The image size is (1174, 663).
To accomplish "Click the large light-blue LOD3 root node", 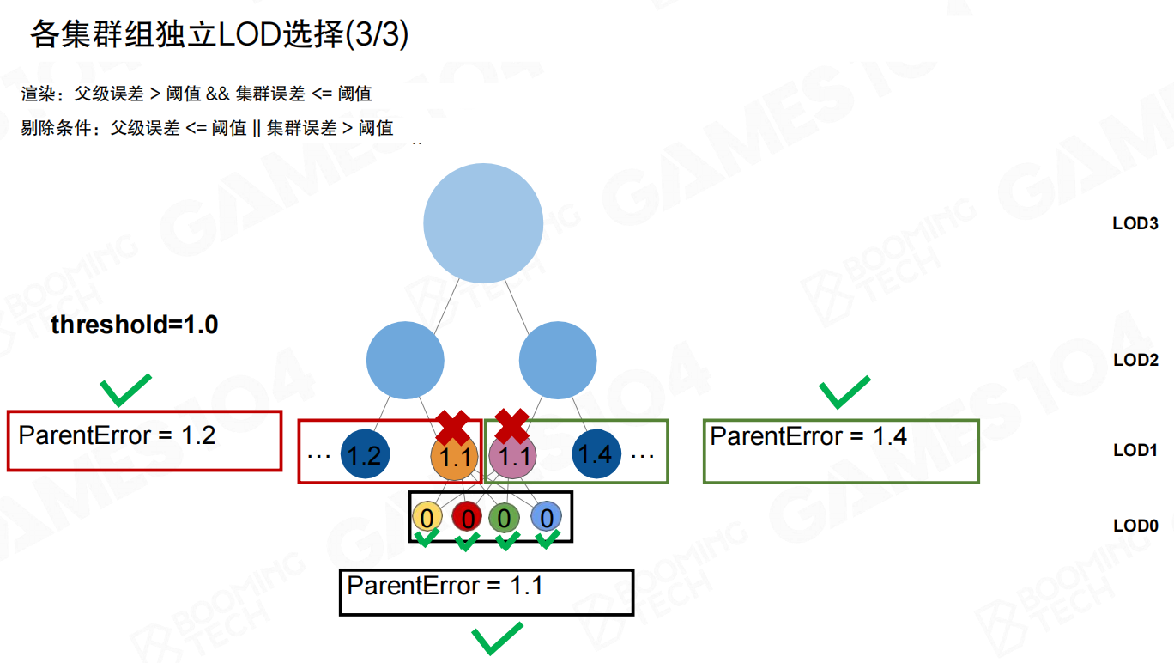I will point(483,223).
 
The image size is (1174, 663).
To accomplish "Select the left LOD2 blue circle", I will point(405,360).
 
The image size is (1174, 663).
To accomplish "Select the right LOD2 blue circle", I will point(558,360).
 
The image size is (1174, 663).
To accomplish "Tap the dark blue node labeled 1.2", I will point(366,453).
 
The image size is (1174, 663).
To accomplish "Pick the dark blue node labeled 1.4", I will point(596,453).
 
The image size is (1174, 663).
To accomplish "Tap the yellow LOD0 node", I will point(427,517).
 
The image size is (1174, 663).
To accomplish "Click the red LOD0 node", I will point(467,517).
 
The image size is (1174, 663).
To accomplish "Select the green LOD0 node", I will point(505,517).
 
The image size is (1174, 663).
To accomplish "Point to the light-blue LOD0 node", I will point(546,517).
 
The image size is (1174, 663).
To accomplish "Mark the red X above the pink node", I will point(511,425).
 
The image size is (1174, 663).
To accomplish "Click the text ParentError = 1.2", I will point(117,435).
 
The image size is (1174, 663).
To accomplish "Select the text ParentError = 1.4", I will point(808,436).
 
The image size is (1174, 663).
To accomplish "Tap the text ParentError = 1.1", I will point(445,587).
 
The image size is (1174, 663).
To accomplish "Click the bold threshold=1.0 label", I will point(135,325).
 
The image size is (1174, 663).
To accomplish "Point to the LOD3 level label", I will point(1135,223).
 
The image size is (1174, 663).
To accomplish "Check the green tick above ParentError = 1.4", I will point(844,392).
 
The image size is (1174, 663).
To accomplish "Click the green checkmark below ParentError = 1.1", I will point(497,639).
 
